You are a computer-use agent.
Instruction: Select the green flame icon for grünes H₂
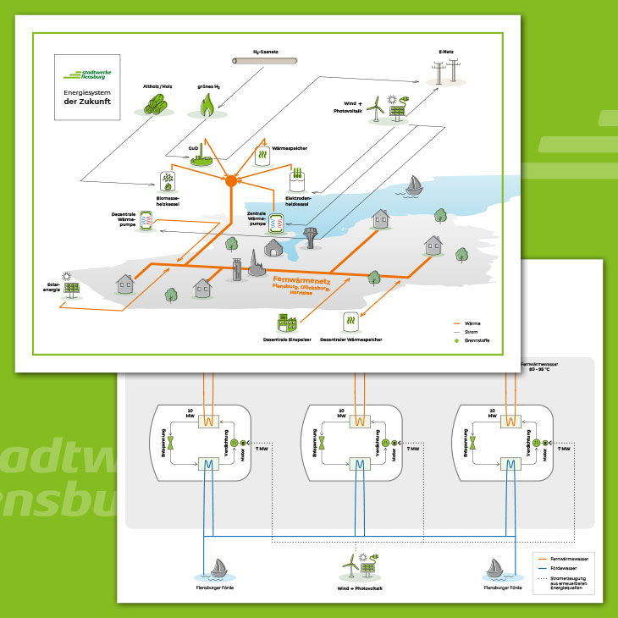(207, 103)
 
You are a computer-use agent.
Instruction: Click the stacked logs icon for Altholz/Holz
(157, 103)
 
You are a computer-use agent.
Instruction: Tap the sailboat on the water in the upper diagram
(414, 185)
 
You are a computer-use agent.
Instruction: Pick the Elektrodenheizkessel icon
(296, 179)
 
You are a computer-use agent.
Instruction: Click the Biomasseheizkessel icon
(168, 181)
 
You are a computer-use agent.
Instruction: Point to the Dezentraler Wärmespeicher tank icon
(350, 322)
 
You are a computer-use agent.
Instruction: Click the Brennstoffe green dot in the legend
(457, 339)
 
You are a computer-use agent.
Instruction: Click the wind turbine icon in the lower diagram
(348, 566)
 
